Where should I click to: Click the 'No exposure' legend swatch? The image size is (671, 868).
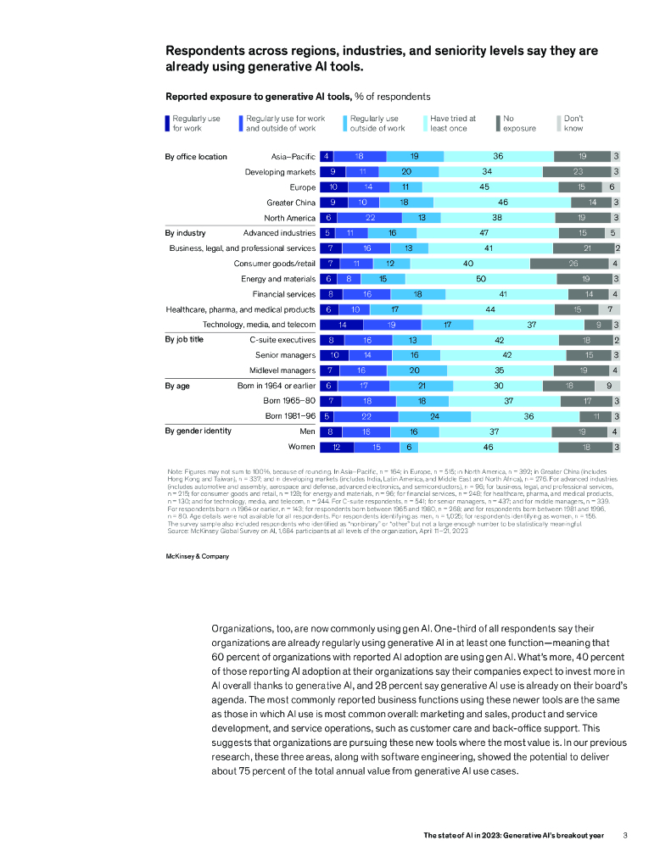[x=498, y=124]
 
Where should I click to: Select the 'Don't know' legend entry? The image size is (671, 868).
[x=573, y=124]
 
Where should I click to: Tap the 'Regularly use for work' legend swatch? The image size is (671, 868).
[x=167, y=124]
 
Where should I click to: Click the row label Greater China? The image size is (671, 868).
[x=291, y=203]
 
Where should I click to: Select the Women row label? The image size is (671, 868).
[x=303, y=446]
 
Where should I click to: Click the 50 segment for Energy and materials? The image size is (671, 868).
[x=481, y=278]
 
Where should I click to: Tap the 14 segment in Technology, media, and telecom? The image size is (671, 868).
[x=344, y=324]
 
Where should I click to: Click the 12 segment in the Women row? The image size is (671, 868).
[x=337, y=446]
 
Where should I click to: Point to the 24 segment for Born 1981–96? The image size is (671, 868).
[x=433, y=416]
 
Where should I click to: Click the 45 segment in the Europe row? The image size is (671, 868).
[x=484, y=186]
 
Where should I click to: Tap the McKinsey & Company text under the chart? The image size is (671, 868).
[x=197, y=556]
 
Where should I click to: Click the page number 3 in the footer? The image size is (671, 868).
[x=625, y=836]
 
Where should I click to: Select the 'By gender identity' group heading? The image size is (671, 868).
[x=198, y=431]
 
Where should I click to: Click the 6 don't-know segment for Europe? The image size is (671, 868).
[x=612, y=186]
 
